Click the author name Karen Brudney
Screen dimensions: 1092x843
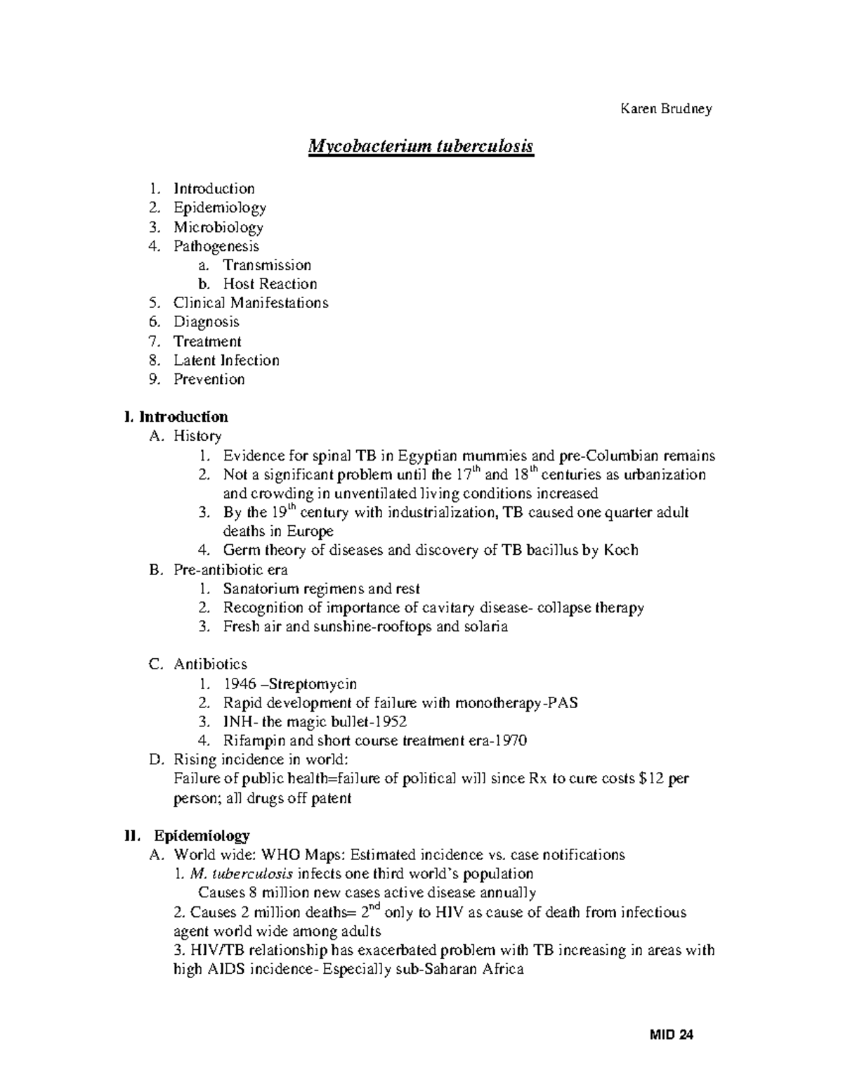click(x=665, y=109)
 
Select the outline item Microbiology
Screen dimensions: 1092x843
click(x=218, y=227)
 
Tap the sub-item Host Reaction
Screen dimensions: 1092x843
click(x=270, y=284)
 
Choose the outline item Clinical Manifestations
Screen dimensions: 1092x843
click(x=251, y=303)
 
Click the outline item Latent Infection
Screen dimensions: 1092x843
click(x=226, y=360)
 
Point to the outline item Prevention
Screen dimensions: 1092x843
click(x=209, y=379)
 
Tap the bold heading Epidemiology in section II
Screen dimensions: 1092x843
click(x=202, y=836)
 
